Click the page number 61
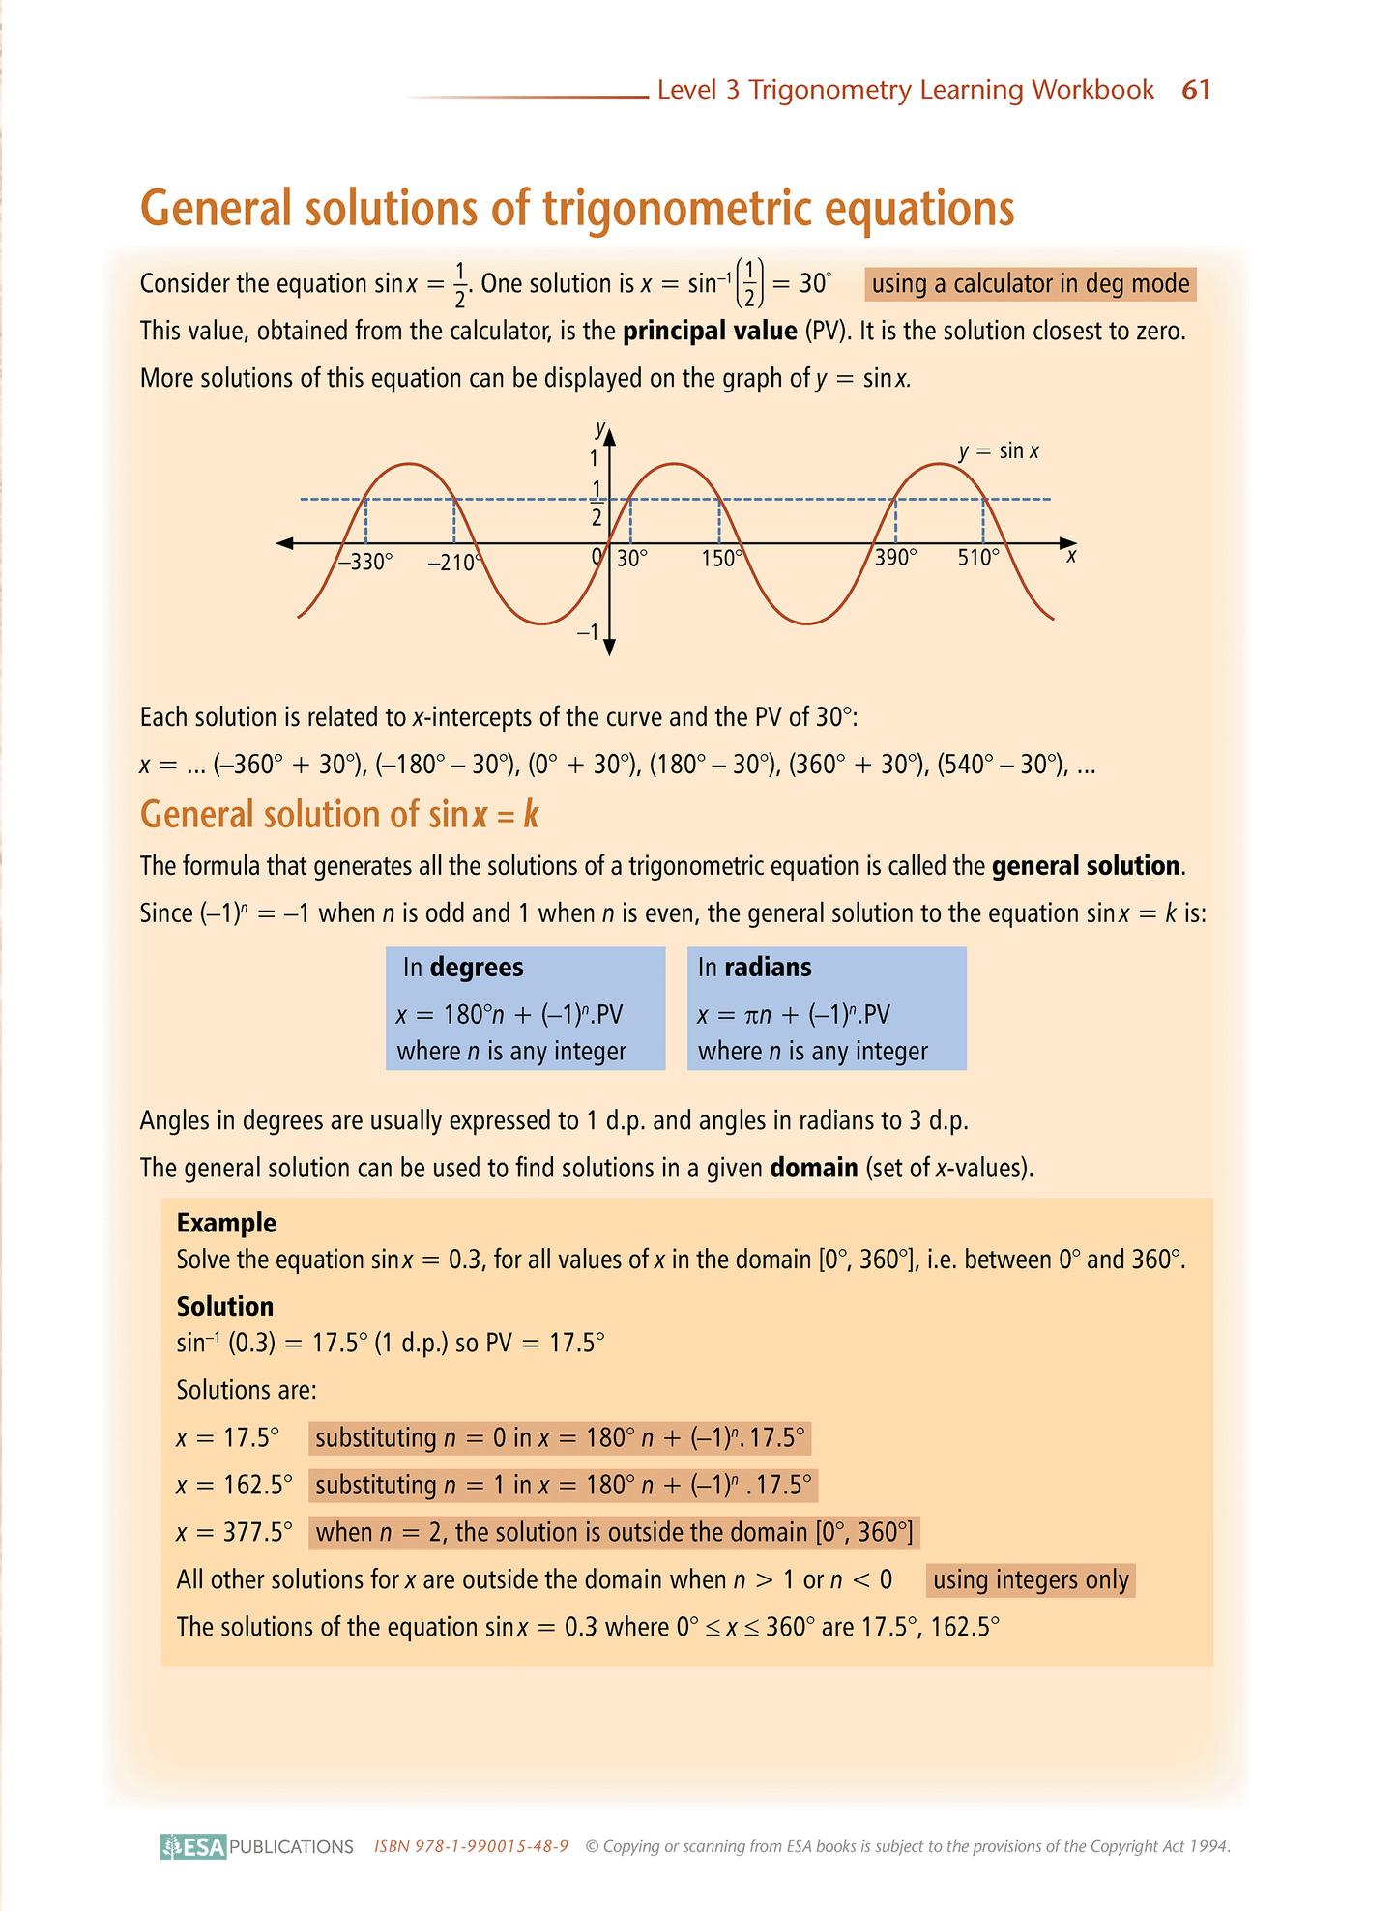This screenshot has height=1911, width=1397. click(1196, 90)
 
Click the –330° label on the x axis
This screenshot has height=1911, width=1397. click(365, 562)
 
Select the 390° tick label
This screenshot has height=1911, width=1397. click(895, 559)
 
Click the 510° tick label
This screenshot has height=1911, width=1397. click(978, 559)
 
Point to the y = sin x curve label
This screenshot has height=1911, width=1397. click(999, 451)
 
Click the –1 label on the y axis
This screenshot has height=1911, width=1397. click(588, 633)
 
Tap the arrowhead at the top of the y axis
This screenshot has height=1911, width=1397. click(609, 435)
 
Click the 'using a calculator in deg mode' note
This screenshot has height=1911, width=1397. click(1031, 284)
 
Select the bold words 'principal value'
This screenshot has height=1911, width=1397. click(710, 332)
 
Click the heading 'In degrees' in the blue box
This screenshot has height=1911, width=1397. click(463, 968)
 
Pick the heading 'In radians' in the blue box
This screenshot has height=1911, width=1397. click(754, 968)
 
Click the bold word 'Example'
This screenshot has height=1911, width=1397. click(226, 1223)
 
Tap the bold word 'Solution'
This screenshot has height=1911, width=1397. click(225, 1307)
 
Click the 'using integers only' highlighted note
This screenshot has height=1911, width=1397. click(1031, 1580)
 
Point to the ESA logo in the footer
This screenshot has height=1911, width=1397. click(193, 1846)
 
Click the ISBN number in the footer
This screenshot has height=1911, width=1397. click(471, 1846)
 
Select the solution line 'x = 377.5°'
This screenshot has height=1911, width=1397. click(234, 1533)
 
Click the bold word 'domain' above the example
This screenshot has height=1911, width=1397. click(814, 1168)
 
